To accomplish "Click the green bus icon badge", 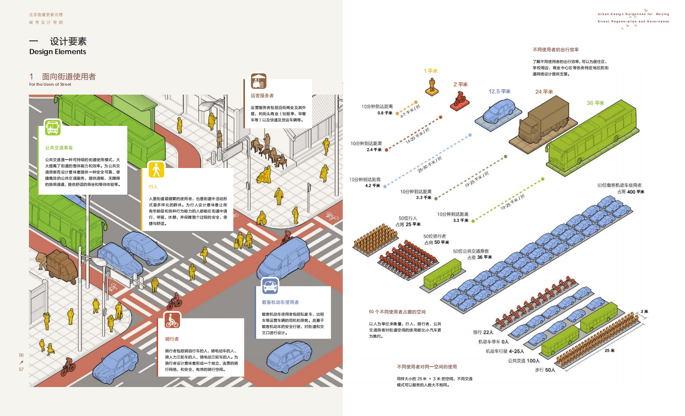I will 53,127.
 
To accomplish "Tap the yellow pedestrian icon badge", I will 156,170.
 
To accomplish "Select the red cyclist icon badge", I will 172,320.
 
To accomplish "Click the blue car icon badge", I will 270,286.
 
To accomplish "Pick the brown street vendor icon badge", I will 258,81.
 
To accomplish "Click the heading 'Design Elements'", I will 58,52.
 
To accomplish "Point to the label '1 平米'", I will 430,71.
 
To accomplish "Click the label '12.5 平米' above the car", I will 499,92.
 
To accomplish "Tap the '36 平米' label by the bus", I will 595,103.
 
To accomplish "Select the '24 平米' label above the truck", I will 544,92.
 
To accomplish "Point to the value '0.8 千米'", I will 385,113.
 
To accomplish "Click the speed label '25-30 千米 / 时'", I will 430,165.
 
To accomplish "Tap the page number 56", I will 21,355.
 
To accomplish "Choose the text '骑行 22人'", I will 483,332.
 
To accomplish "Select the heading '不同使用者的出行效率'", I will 555,50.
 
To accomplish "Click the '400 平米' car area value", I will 635,192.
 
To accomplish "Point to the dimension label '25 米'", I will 609,351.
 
